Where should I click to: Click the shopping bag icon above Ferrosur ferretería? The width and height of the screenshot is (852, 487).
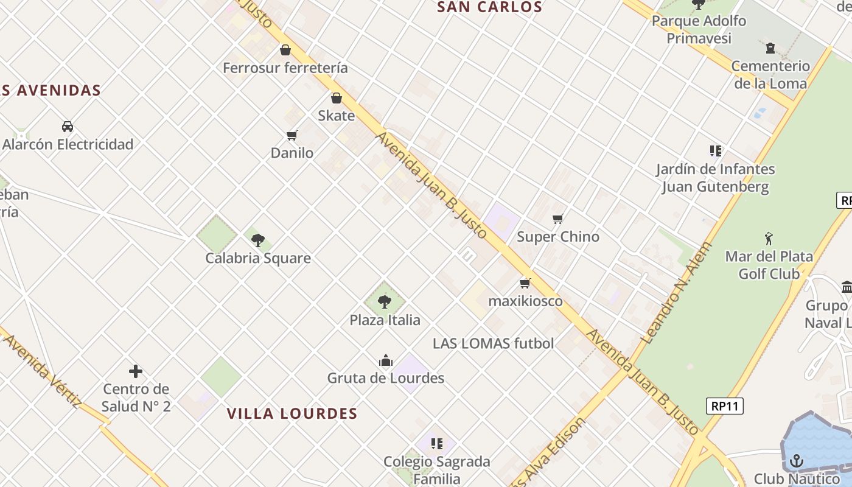pos(285,50)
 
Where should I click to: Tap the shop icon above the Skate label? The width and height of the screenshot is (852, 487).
pos(337,98)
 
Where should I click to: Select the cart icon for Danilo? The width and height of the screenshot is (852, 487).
pos(292,135)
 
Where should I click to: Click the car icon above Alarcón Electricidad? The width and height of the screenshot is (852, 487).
pos(68,127)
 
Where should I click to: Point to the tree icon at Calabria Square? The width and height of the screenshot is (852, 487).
pos(258,240)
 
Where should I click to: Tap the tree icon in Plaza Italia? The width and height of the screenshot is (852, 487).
pos(385,301)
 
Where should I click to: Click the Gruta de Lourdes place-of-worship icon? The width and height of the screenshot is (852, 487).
pos(386,360)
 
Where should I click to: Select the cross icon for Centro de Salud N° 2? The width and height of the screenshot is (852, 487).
pos(136,371)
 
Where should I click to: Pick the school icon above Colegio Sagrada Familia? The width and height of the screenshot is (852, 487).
pos(436,444)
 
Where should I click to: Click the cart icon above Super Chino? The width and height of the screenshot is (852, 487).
pos(558,219)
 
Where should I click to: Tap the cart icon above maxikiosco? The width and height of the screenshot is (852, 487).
pos(526,283)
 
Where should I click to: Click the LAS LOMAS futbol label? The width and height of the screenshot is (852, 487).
pos(493,343)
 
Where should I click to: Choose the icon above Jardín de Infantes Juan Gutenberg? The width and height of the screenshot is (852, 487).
pos(715,151)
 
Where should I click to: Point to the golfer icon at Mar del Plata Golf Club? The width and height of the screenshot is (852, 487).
pos(769,238)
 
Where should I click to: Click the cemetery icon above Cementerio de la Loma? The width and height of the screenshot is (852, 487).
pos(770,48)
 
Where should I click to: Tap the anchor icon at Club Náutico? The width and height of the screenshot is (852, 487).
pos(797,461)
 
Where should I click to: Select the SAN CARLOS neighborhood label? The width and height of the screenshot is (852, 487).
pos(489,7)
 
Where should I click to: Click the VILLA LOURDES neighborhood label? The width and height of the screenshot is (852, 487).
pos(292,414)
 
